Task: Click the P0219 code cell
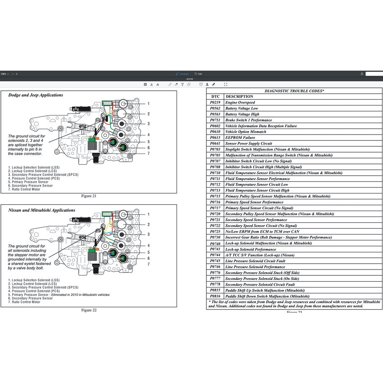pyautogui.click(x=215, y=103)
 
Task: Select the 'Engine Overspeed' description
pyautogui.click(x=240, y=103)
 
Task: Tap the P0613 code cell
pyautogui.click(x=215, y=137)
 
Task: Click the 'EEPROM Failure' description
pyautogui.click(x=240, y=137)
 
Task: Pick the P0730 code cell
pyautogui.click(x=215, y=238)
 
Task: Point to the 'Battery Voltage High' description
pyautogui.click(x=242, y=114)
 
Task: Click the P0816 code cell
pyautogui.click(x=215, y=296)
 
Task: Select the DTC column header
pyautogui.click(x=215, y=97)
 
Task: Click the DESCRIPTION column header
pyautogui.click(x=239, y=97)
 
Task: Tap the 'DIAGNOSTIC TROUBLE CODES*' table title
pyautogui.click(x=294, y=91)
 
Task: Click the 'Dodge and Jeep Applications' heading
pyautogui.click(x=36, y=95)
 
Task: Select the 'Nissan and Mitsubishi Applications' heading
pyautogui.click(x=42, y=210)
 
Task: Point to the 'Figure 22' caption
pyautogui.click(x=89, y=310)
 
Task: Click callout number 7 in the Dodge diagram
pyautogui.click(x=148, y=153)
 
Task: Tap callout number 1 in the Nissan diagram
pyautogui.click(x=148, y=214)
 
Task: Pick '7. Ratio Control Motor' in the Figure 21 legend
pyautogui.click(x=24, y=189)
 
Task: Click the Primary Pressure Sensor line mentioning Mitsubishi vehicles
pyautogui.click(x=59, y=295)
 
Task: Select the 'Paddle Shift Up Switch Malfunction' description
pyautogui.click(x=265, y=291)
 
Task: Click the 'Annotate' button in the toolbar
pyautogui.click(x=182, y=74)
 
